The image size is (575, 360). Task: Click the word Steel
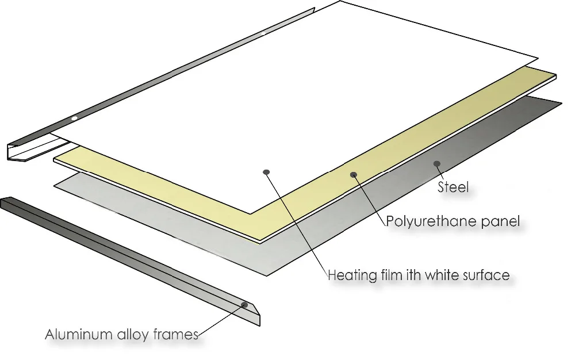453,187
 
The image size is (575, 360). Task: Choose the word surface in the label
485,275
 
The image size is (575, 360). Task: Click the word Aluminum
76,334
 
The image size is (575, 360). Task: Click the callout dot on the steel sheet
437,163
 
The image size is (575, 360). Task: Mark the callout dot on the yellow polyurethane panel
354,174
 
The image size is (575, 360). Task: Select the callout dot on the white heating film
266,172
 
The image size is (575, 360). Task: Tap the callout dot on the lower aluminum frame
244,304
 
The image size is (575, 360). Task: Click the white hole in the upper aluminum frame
74,118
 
